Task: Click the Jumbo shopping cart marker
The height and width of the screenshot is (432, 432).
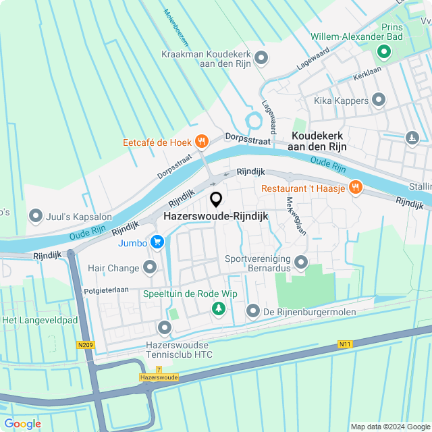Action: pyautogui.click(x=157, y=242)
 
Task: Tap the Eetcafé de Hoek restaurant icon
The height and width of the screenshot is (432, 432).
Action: pyautogui.click(x=200, y=142)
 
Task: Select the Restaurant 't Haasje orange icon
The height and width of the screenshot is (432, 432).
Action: pyautogui.click(x=355, y=188)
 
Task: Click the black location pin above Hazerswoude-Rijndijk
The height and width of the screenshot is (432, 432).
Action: pyautogui.click(x=216, y=200)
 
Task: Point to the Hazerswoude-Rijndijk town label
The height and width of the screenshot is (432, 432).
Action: pyautogui.click(x=216, y=216)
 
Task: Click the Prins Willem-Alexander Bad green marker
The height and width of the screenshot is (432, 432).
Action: pyautogui.click(x=383, y=51)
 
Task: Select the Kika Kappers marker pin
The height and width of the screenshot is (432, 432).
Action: pyautogui.click(x=379, y=101)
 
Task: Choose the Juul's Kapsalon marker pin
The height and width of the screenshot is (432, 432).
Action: pyautogui.click(x=35, y=216)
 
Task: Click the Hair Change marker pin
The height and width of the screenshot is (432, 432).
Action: pyautogui.click(x=150, y=268)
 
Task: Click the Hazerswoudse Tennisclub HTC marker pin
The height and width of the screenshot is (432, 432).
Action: pyautogui.click(x=165, y=329)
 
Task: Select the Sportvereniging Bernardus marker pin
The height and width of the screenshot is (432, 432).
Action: pyautogui.click(x=301, y=261)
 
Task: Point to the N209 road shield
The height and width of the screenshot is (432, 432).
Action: pyautogui.click(x=86, y=345)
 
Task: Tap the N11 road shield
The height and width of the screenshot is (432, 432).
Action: pyautogui.click(x=345, y=345)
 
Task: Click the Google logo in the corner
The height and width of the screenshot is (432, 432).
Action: pyautogui.click(x=22, y=423)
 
